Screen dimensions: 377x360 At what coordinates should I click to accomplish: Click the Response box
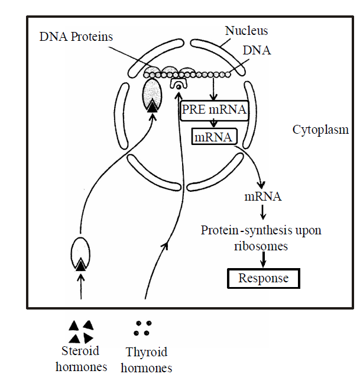(264, 278)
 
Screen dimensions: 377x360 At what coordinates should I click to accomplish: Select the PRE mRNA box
(213, 110)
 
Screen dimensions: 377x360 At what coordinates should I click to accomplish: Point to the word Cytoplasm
(320, 130)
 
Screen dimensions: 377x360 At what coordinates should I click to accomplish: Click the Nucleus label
(247, 30)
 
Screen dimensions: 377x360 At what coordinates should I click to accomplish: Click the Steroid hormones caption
(82, 358)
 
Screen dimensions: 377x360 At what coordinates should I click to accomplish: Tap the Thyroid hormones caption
(146, 360)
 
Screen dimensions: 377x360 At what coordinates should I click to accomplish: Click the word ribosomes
(261, 245)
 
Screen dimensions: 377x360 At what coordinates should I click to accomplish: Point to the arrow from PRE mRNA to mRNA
(213, 124)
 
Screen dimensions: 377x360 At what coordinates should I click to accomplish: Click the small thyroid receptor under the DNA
(178, 86)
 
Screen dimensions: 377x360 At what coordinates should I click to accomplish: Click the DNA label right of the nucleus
(257, 51)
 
